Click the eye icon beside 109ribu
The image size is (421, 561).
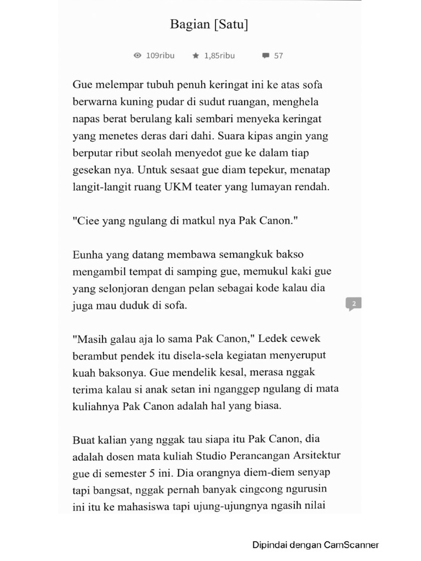(x=138, y=55)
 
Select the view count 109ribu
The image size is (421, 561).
(x=160, y=55)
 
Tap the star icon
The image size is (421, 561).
(x=196, y=55)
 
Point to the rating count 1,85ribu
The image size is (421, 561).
(x=219, y=55)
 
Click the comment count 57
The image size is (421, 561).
(x=278, y=55)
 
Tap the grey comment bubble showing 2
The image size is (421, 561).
(x=354, y=304)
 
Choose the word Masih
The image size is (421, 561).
(x=88, y=339)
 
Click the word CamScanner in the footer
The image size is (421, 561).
(x=351, y=545)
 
